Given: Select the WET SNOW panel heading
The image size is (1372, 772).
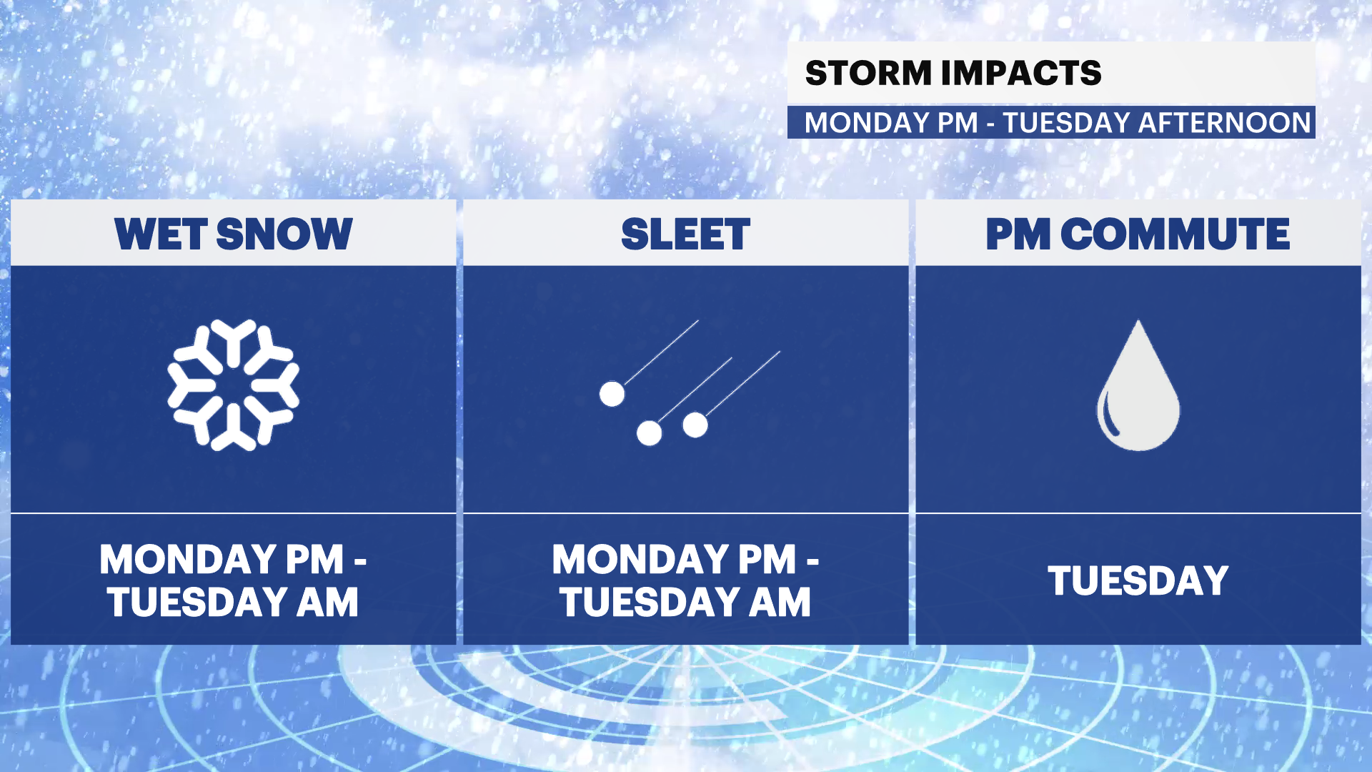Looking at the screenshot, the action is (x=234, y=234).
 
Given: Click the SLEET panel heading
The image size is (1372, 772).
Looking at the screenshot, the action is (x=686, y=234).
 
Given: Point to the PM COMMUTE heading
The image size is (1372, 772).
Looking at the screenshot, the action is (x=1138, y=234).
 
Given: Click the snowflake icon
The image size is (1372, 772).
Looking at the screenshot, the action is (x=233, y=385).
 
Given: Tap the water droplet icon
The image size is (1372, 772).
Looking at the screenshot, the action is (x=1138, y=385).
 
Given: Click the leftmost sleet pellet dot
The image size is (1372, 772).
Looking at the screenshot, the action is (x=612, y=394).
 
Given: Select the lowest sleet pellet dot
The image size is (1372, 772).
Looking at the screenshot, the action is (x=649, y=432).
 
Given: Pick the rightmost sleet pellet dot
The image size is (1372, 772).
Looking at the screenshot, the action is (x=695, y=425).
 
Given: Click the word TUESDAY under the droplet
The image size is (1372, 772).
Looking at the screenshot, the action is (x=1138, y=580).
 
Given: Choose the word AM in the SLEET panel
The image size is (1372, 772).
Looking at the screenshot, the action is (x=780, y=602).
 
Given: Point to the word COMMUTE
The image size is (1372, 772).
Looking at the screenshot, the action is (x=1175, y=234).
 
